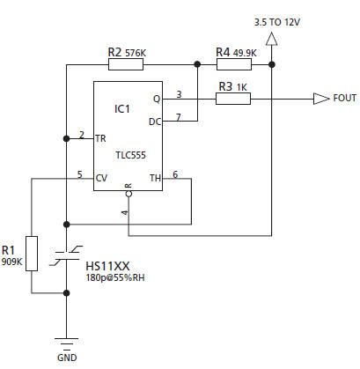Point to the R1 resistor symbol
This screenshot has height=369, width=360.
coord(32,253)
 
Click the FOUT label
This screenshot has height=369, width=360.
coord(345,99)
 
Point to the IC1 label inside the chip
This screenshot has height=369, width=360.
coord(123,108)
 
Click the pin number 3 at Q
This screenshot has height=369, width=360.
coord(179,93)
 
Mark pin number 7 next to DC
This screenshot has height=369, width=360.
coord(179,115)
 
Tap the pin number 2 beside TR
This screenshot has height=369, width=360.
coord(81,134)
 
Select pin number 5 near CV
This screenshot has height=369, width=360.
coord(80,174)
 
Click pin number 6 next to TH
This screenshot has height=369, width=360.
coord(175,174)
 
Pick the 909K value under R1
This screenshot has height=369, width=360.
coord(11,262)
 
